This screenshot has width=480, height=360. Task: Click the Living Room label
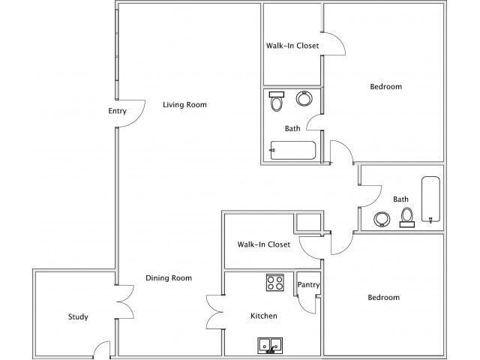pos(184,105)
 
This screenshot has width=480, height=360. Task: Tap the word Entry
pos(118,112)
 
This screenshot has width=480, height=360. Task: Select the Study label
pos(78,317)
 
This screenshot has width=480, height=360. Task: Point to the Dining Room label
pos(169,278)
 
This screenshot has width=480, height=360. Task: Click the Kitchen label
pos(264,316)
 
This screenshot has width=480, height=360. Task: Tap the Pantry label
pos(309,285)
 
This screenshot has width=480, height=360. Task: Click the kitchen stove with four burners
pos(275,283)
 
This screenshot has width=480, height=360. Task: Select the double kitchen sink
pos(270,345)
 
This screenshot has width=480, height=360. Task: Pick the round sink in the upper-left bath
pos(305,98)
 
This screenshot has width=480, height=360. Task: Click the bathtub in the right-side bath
pos(431,199)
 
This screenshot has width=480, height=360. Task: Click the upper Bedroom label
pos(386,87)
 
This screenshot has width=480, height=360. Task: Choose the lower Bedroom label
pos(383,298)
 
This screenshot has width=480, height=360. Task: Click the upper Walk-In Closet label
pos(292,46)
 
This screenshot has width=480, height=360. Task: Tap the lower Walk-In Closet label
pos(264,244)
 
